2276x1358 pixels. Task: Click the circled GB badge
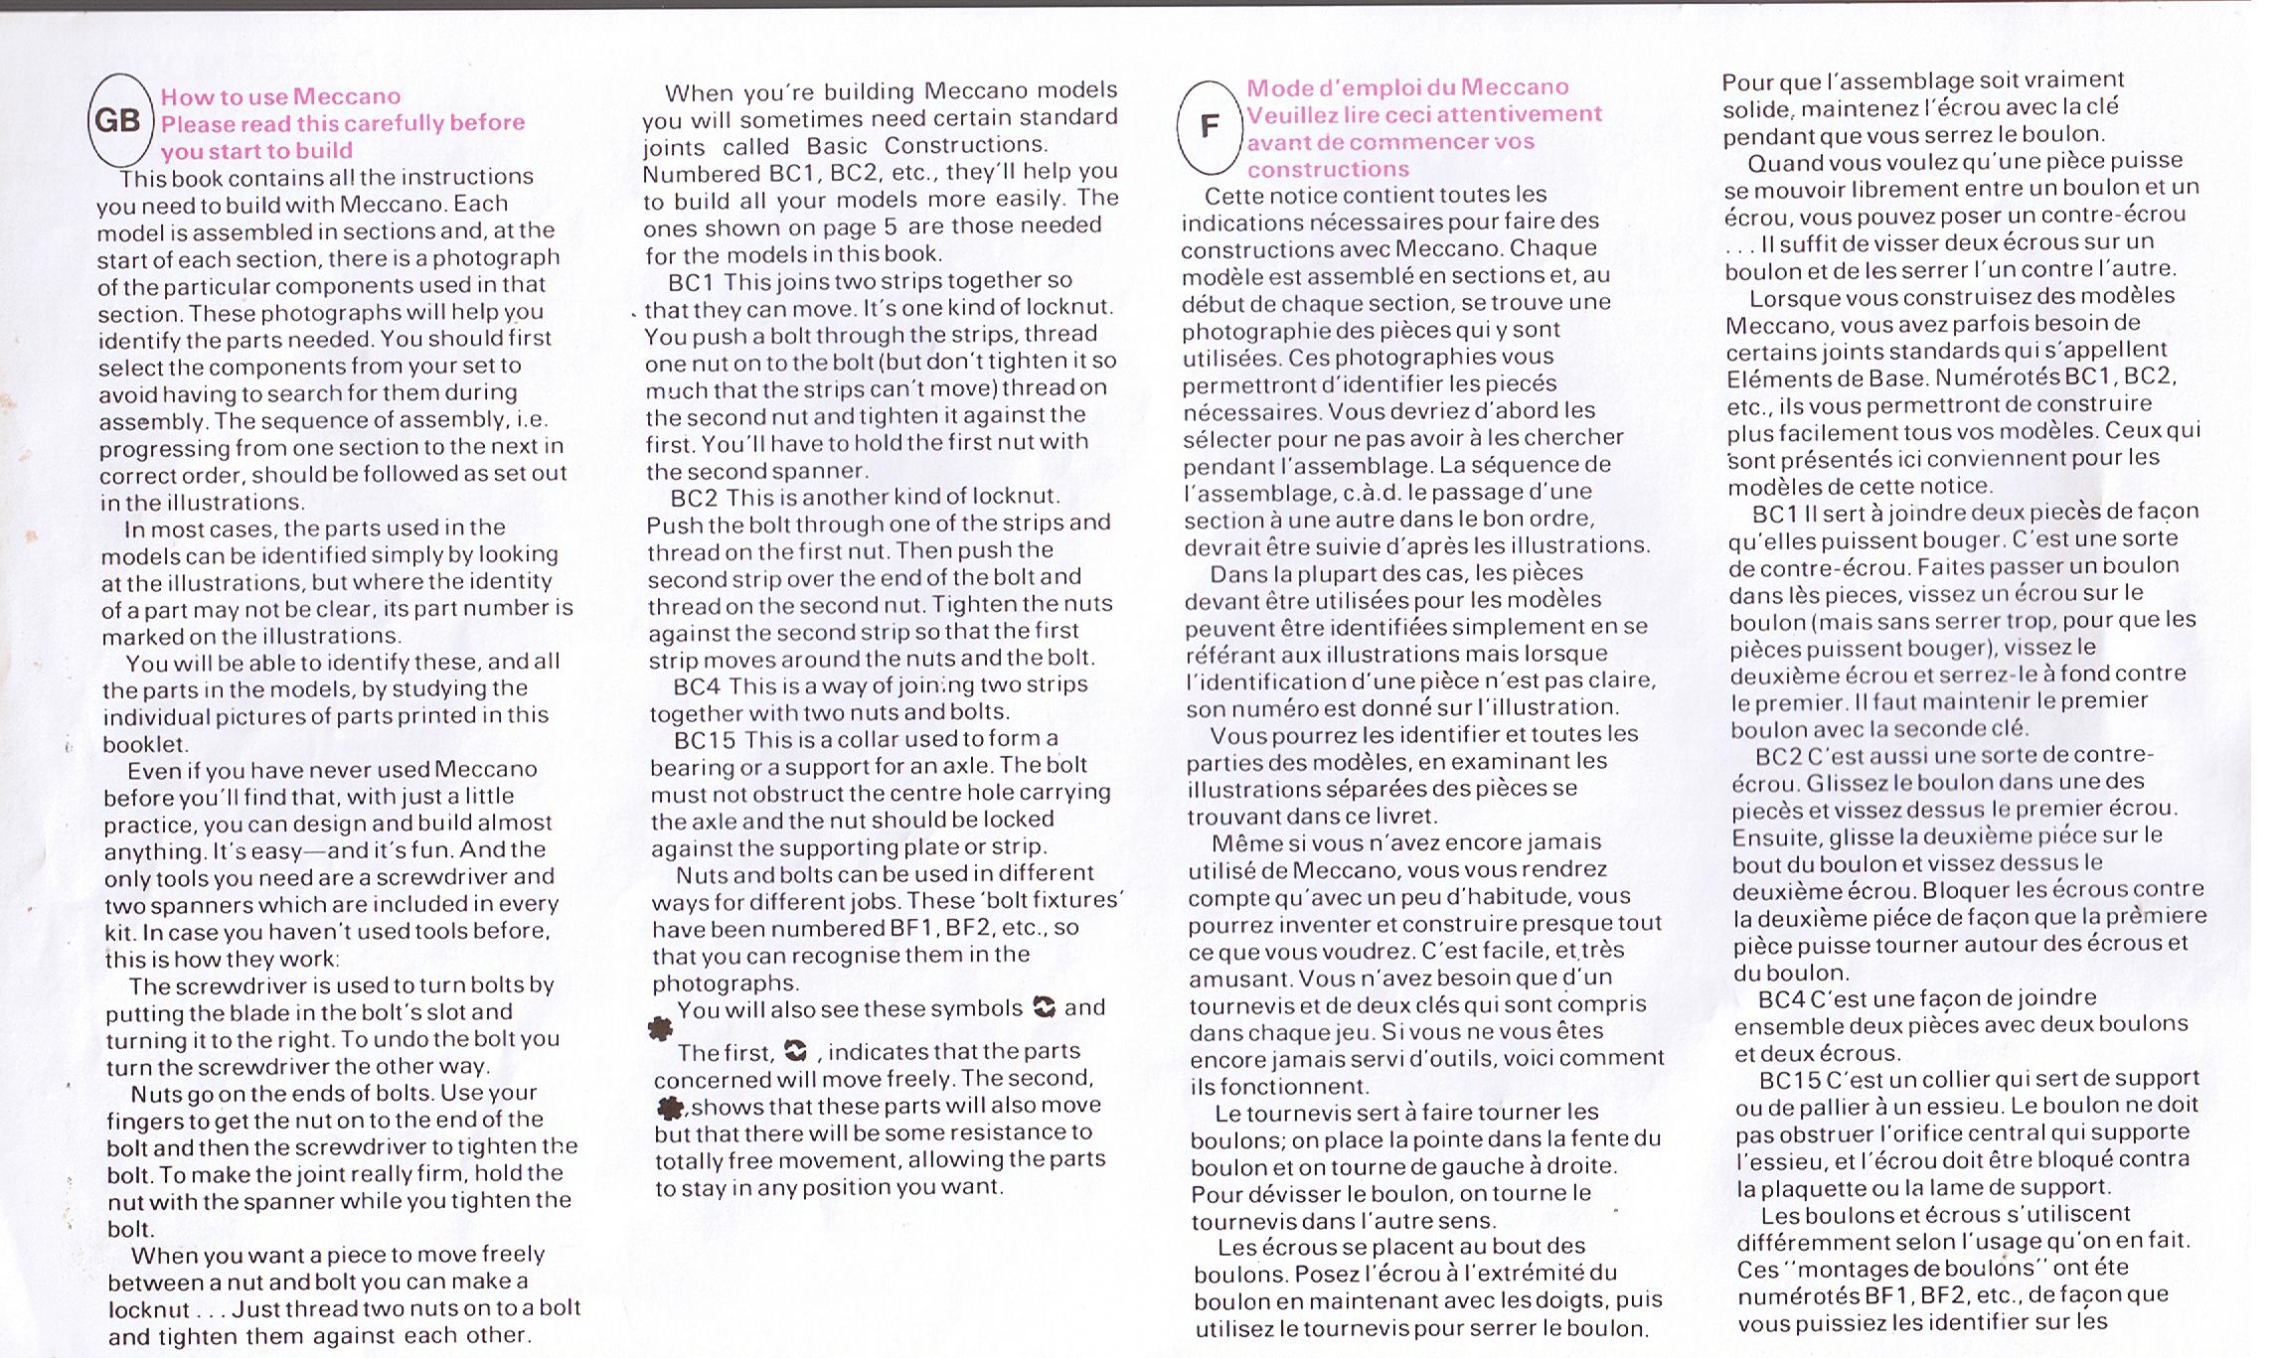coord(118,121)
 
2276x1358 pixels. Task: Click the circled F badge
coord(1210,127)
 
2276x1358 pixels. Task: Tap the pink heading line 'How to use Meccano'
coord(280,96)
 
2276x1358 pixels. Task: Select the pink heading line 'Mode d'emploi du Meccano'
coord(1407,87)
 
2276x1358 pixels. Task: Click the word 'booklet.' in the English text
coord(146,744)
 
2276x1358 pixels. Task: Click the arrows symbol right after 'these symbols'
coord(1044,1007)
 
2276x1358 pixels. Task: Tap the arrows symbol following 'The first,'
coord(795,1050)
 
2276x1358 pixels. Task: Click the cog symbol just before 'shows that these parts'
coord(671,1107)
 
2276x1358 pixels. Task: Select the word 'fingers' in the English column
coord(145,1121)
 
